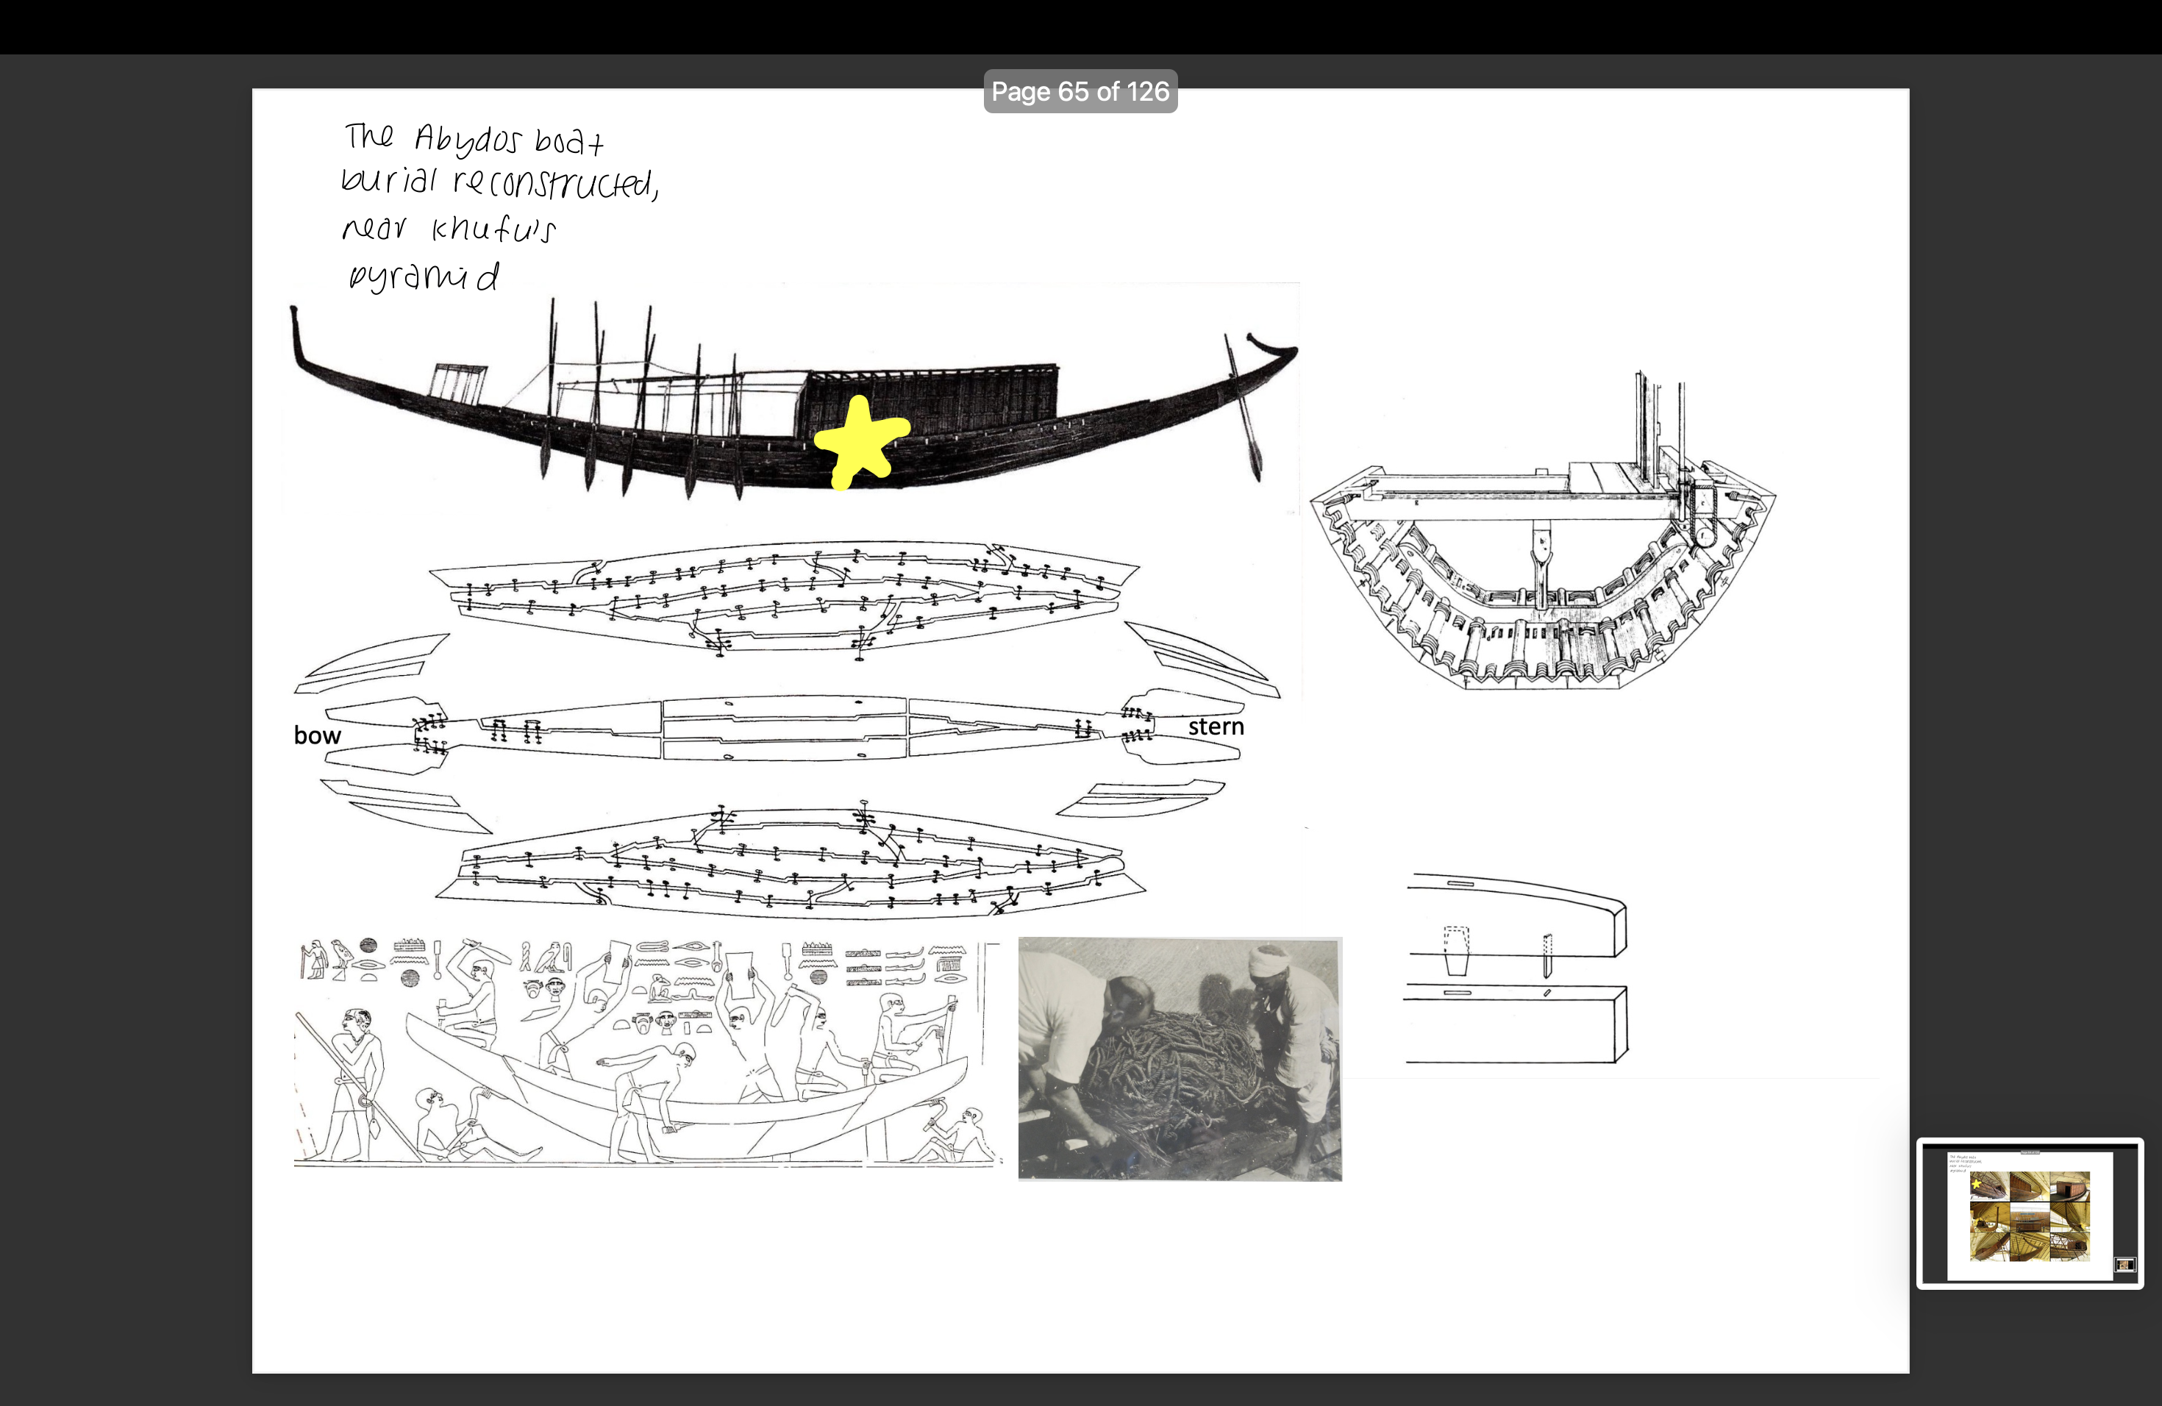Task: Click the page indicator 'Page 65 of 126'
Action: click(1080, 92)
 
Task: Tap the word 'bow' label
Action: click(317, 735)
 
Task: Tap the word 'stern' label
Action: click(1216, 727)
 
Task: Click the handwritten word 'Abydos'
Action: click(468, 140)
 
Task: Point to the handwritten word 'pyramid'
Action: click(424, 276)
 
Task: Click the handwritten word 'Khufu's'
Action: click(493, 229)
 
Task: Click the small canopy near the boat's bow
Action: click(458, 382)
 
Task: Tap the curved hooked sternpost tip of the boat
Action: click(1271, 347)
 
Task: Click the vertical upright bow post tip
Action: click(294, 318)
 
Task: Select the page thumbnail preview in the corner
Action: click(2030, 1213)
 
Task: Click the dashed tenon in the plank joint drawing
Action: click(1455, 950)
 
